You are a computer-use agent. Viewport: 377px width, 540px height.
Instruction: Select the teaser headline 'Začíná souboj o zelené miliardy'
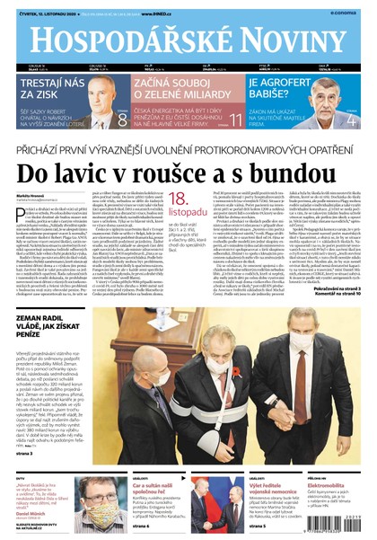180,89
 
